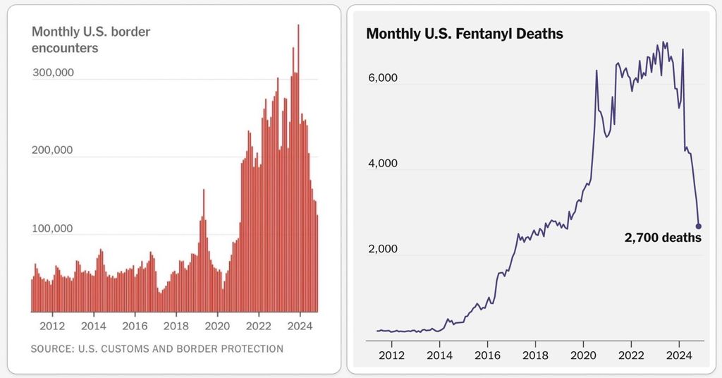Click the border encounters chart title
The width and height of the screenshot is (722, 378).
point(92,39)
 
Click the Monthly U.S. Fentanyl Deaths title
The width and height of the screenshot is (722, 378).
point(465,34)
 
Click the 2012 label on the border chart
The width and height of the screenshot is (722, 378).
point(53,327)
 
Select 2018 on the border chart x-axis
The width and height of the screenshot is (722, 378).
point(176,327)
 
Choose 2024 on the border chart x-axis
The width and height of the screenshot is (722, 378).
point(300,327)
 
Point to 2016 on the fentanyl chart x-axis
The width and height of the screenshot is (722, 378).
point(488,355)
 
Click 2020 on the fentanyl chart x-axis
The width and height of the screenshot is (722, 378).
point(583,355)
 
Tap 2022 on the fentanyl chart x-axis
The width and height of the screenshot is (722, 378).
point(631,355)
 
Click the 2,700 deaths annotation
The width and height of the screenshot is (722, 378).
point(663,238)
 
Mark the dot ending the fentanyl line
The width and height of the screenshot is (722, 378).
point(699,226)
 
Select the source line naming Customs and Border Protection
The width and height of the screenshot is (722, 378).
point(157,349)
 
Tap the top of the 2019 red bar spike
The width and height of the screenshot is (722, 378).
point(204,190)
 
